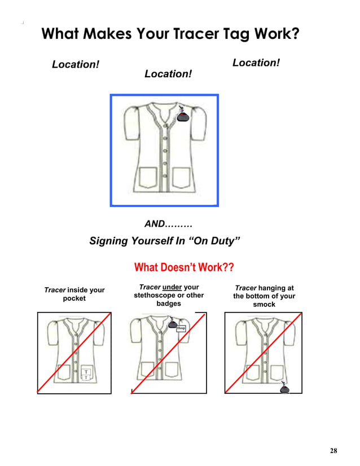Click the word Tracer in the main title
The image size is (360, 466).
[x=196, y=34]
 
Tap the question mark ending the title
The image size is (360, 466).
[x=296, y=33]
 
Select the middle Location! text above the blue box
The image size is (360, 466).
[x=168, y=74]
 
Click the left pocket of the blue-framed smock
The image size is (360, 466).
[x=148, y=177]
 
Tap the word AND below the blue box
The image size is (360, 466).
[x=155, y=223]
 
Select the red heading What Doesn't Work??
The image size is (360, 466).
[x=184, y=267]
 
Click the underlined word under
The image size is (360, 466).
[x=172, y=287]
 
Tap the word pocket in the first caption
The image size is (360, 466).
[x=74, y=298]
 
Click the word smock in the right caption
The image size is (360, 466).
[x=264, y=304]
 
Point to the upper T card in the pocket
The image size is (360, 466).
[x=86, y=371]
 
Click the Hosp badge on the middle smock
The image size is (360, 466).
[x=181, y=328]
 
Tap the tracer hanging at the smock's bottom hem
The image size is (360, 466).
[x=284, y=387]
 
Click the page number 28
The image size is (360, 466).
[x=333, y=451]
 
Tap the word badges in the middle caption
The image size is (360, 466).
[x=169, y=304]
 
